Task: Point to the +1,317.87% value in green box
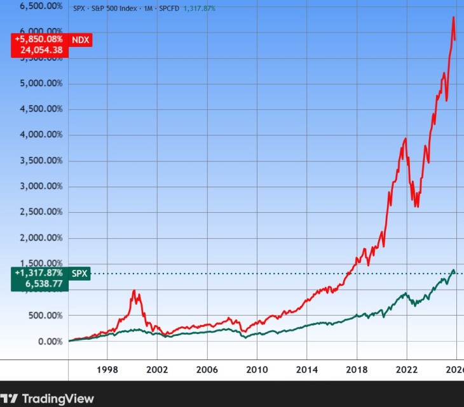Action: click(x=39, y=274)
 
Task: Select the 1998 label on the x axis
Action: click(x=107, y=370)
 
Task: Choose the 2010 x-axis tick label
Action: click(x=256, y=370)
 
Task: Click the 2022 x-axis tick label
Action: click(x=406, y=370)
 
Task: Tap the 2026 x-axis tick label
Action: click(x=455, y=370)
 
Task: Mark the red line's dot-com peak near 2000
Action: click(x=134, y=291)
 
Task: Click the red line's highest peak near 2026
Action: click(x=453, y=17)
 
